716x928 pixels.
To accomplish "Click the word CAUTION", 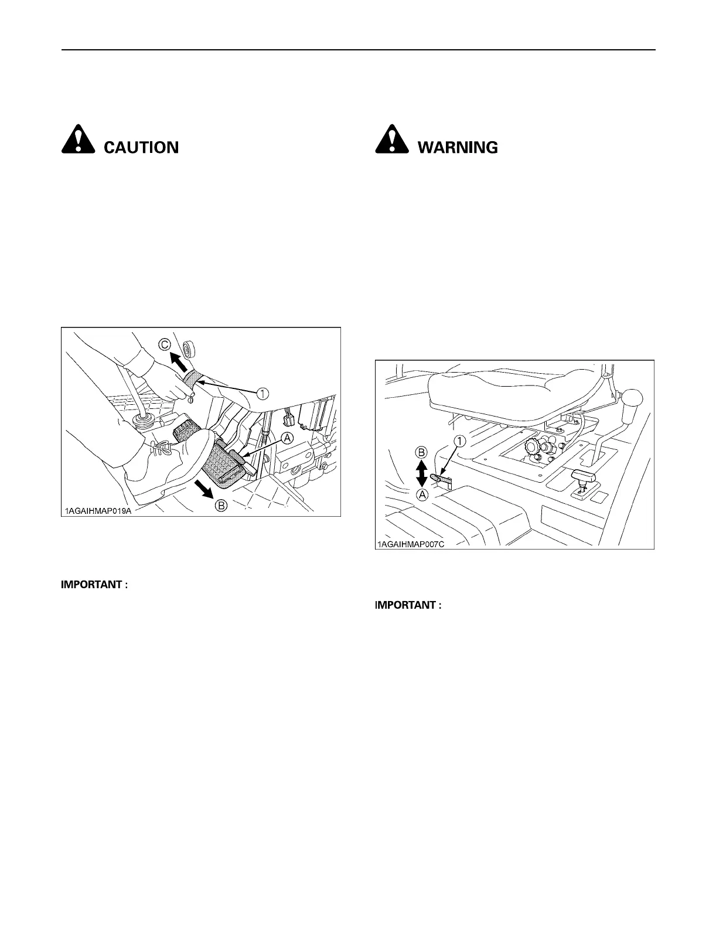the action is pos(141,147).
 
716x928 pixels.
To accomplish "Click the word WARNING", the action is pos(458,147).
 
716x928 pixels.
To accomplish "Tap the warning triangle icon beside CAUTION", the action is pos(77,141).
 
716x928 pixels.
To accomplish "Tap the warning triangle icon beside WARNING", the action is pos(391,141).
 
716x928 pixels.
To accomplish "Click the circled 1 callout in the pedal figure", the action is pos(262,394).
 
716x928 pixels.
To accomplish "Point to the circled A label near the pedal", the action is pos(287,438).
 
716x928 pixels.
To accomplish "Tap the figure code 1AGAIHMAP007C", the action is pos(410,544).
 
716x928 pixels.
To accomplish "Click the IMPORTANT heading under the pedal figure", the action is pos(94,585).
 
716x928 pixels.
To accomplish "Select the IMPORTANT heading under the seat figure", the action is pos(408,605).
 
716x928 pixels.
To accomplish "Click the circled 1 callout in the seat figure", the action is pos(461,441).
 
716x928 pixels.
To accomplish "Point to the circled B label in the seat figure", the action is pos(421,452).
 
